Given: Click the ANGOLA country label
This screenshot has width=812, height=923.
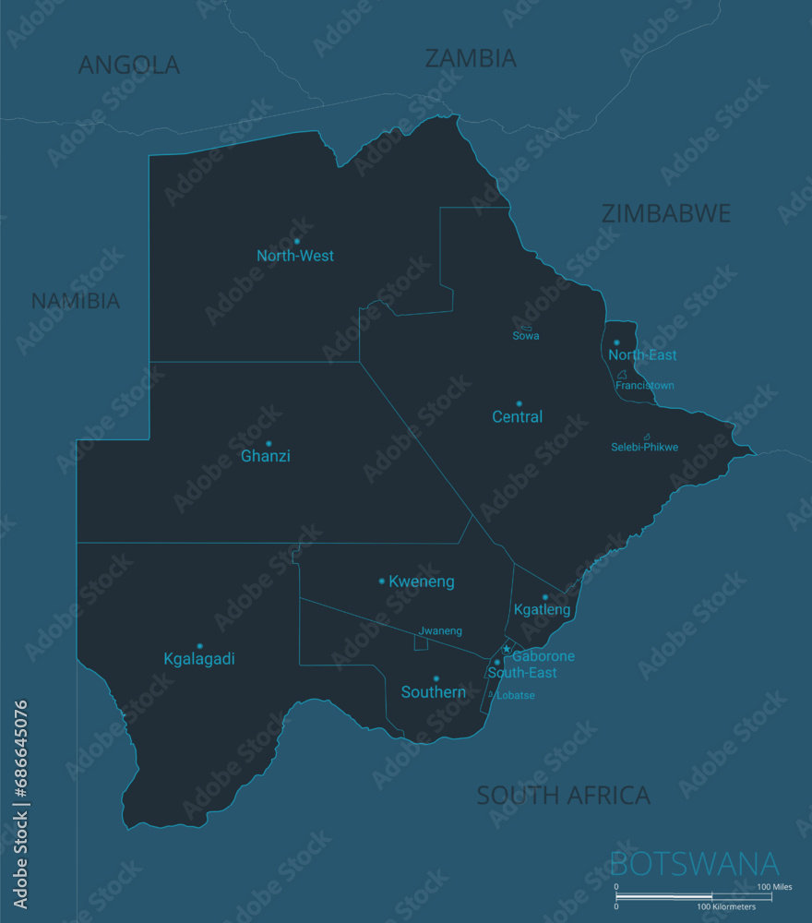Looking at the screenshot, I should coord(128,65).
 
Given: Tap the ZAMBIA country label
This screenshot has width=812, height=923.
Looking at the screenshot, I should coord(470,58).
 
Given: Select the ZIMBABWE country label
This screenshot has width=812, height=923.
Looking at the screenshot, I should coord(665,213).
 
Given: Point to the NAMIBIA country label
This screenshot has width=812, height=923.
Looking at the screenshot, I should coord(76,301).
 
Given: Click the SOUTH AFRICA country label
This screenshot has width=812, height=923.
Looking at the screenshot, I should coord(563,795).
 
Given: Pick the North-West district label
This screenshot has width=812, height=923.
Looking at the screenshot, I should coord(295,256).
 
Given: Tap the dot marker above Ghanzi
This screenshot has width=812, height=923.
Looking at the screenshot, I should coord(269,443).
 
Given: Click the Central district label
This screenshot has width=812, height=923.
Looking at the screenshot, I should coord(517,417).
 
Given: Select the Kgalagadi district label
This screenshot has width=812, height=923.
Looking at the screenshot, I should coord(199,659).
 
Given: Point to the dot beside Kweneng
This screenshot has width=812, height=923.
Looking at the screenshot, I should coord(382,581).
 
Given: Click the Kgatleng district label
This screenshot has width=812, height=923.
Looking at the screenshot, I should coord(542,610).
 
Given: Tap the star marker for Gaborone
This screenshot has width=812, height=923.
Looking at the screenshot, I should coord(506,649).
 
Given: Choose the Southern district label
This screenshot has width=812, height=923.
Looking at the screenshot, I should coord(433,692).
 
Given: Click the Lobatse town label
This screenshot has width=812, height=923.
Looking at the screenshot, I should coord(516,696).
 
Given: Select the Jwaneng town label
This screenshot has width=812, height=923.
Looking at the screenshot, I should coord(440,631).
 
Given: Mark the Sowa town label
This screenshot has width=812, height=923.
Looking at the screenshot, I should coord(526,336).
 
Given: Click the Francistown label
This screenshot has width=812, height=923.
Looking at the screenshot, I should coord(645,386).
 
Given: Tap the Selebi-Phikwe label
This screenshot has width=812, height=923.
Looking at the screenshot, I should coord(644,448).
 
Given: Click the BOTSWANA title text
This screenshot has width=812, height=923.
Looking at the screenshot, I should coord(695,865).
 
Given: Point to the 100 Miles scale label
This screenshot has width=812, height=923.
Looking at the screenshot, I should coord(775,887).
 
